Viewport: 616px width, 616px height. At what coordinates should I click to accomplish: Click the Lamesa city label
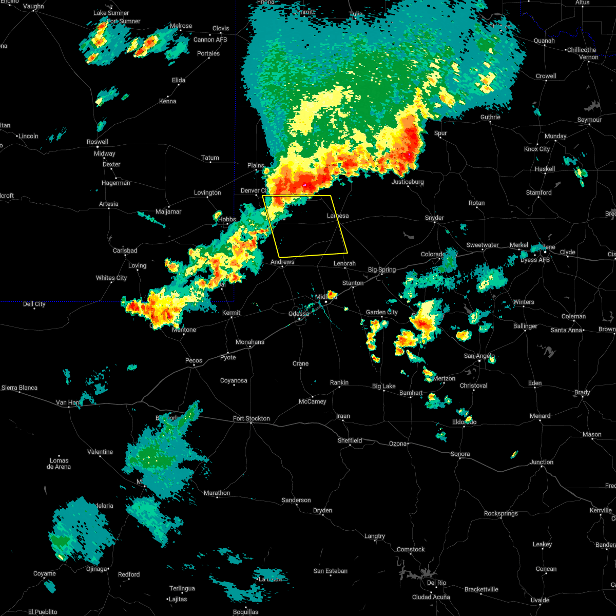338,216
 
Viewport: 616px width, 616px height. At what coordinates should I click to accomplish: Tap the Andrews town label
282,262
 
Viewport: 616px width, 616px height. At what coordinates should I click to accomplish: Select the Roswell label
97,142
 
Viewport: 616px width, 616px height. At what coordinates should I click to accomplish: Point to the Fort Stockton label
251,418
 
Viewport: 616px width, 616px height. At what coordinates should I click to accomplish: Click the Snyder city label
434,218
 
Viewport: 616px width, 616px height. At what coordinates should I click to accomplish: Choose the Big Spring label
382,269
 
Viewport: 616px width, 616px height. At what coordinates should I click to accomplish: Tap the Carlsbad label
125,251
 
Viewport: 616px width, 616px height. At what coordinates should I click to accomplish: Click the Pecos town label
194,360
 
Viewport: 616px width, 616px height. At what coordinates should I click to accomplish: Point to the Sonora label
460,454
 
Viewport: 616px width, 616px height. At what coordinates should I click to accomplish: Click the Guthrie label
490,117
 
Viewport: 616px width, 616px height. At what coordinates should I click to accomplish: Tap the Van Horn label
68,402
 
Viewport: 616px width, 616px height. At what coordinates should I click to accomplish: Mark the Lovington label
207,192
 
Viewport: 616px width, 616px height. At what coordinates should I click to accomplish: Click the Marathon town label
217,493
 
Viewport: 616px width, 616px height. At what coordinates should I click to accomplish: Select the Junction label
542,462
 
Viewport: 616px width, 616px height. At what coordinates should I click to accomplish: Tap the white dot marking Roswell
97,147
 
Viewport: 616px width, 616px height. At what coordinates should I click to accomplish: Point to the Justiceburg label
408,182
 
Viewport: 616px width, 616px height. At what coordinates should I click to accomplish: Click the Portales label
208,53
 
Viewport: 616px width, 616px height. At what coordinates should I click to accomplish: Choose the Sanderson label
296,500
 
